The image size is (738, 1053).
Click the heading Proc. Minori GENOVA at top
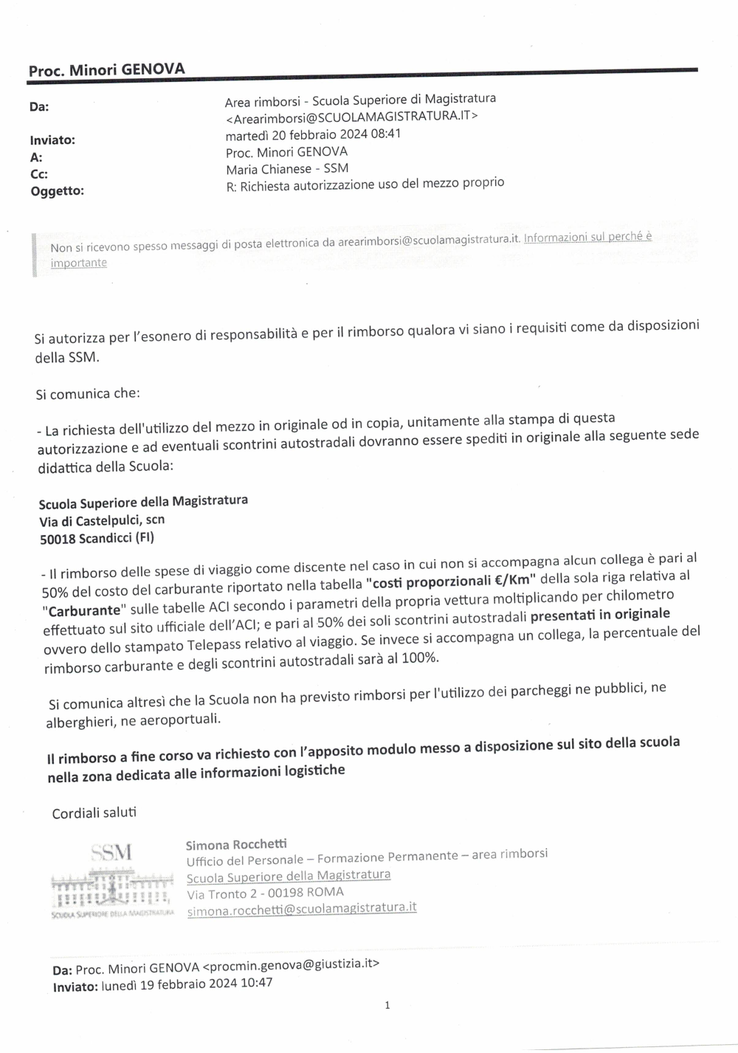coord(106,70)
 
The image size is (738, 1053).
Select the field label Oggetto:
coord(57,191)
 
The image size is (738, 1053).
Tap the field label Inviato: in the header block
coord(52,140)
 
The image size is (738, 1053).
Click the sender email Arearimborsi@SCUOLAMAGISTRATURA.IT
coord(352,116)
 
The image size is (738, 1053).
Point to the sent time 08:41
coord(387,134)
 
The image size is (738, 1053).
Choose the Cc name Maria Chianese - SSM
coord(287,168)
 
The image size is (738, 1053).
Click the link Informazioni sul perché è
coord(587,237)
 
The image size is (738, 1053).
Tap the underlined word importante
coord(79,263)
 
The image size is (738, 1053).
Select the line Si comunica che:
coord(87,393)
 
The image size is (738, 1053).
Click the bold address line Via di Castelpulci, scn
coord(102,521)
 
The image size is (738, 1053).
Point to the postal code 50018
coord(58,539)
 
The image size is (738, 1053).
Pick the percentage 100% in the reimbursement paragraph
coord(419,657)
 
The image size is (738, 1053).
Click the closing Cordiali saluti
coord(94,813)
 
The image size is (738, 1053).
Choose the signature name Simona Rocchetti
coord(236,844)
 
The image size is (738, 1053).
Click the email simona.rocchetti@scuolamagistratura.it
coord(301,909)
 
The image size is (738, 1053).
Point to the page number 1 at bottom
coord(387,1005)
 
